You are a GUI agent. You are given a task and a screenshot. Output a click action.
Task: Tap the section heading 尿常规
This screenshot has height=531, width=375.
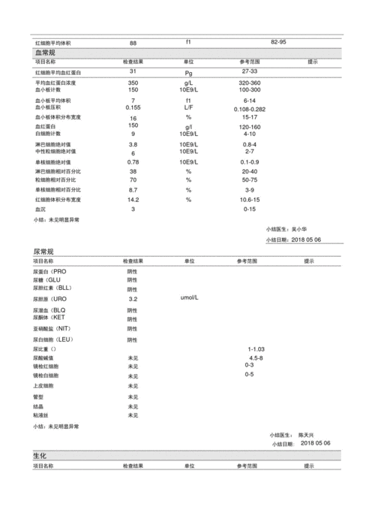44,252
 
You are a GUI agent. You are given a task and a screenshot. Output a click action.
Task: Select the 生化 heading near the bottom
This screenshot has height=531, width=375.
40,456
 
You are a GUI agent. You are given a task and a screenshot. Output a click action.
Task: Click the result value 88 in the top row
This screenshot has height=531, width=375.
133,44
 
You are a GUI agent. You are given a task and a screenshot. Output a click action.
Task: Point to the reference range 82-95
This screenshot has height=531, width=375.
278,43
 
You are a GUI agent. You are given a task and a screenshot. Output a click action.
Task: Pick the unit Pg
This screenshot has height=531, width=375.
189,73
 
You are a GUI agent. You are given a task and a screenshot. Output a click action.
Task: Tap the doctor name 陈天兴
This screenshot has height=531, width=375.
307,435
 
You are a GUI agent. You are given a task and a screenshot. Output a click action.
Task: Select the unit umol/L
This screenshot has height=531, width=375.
189,298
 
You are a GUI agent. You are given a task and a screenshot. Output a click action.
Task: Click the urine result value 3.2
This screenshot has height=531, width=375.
133,299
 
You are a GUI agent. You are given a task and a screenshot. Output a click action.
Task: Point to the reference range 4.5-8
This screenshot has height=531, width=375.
256,358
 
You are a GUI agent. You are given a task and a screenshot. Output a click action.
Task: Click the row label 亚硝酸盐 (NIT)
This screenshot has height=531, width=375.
52,329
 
